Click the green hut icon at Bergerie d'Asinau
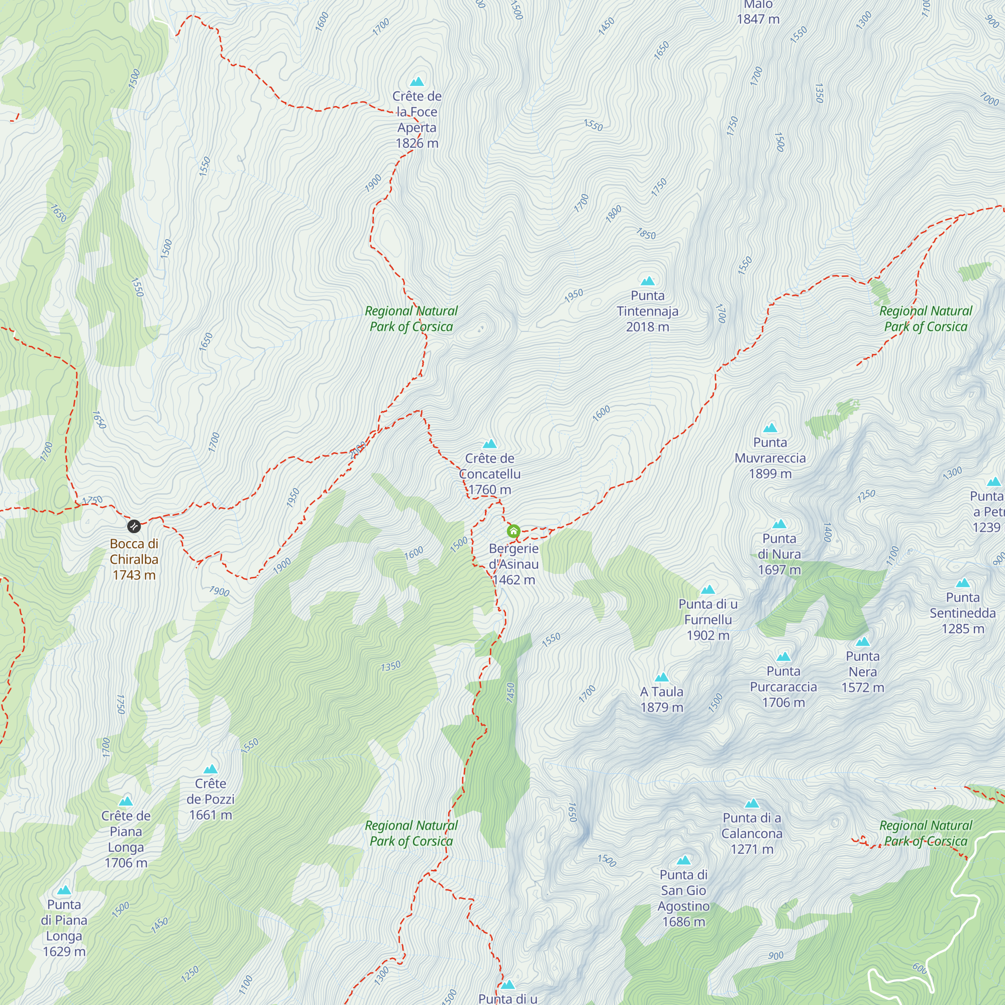point(514,531)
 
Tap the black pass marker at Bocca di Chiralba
point(134,526)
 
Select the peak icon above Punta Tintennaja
point(648,281)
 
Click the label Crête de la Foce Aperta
point(417,119)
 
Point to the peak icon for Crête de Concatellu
point(489,444)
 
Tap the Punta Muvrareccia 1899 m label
point(770,458)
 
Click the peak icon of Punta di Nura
point(779,524)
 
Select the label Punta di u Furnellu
point(708,620)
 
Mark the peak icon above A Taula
point(662,677)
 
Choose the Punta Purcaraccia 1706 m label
point(783,686)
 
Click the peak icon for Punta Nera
point(862,641)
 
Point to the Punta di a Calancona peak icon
point(752,803)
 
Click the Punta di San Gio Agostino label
point(683,898)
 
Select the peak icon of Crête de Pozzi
point(210,769)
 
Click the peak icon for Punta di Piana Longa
point(64,890)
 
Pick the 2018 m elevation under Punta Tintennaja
point(648,327)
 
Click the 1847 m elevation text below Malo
point(758,19)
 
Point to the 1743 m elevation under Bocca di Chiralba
point(134,575)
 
